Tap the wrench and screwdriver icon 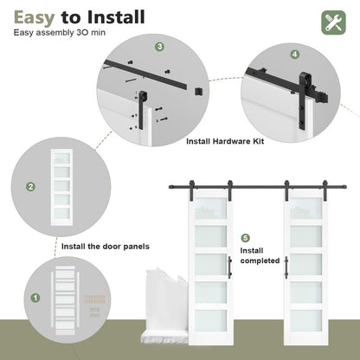(x=334, y=22)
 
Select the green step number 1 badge (x=36, y=297)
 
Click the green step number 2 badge (x=31, y=186)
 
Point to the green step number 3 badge (x=159, y=47)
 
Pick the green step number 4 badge (x=295, y=54)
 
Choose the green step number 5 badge (x=245, y=237)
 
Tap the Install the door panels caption (x=106, y=247)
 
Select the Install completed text (x=259, y=255)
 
